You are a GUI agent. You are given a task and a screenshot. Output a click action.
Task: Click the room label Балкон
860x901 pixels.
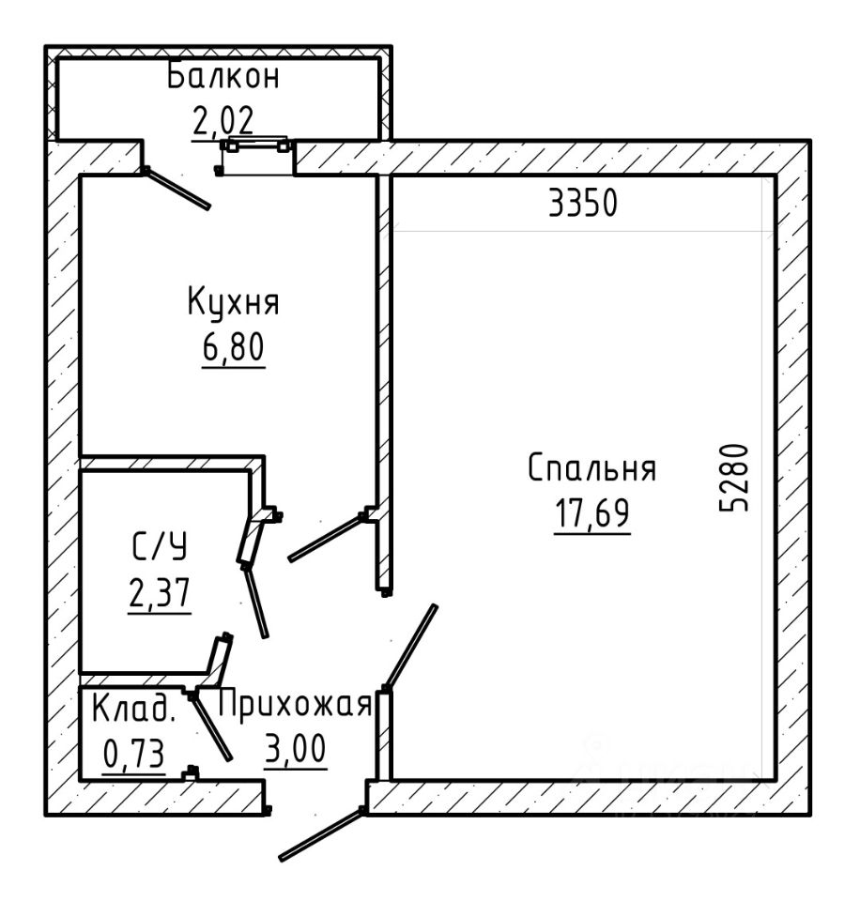(223, 77)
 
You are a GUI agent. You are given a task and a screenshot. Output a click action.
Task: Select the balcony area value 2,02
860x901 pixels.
(223, 121)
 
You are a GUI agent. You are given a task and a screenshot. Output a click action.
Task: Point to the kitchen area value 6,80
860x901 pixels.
(234, 346)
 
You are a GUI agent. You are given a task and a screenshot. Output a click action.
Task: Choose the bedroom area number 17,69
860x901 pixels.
(592, 512)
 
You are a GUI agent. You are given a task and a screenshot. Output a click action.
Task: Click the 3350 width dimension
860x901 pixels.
(583, 203)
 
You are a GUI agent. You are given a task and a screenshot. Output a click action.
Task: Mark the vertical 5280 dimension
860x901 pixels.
(735, 477)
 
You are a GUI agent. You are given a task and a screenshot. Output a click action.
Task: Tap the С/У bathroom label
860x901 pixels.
(160, 546)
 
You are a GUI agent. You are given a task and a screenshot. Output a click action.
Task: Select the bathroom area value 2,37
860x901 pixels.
(160, 593)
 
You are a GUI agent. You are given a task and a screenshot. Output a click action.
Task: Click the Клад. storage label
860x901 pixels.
(134, 709)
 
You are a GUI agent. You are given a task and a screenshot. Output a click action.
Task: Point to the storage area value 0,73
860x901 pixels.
(134, 754)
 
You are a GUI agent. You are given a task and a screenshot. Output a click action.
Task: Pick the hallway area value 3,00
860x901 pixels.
(296, 748)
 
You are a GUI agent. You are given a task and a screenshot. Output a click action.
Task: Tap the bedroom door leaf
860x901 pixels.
(410, 647)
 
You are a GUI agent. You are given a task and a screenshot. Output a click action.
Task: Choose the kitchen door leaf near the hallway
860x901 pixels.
(326, 537)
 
